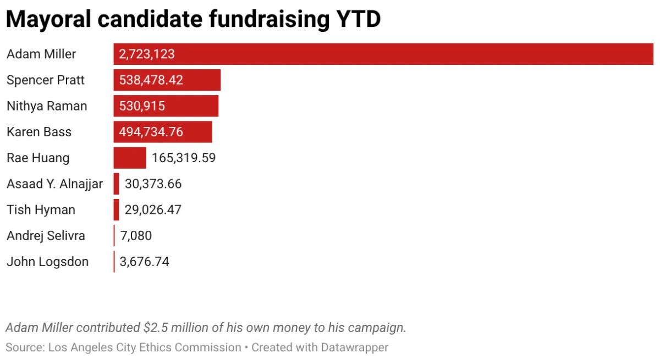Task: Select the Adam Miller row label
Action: pyautogui.click(x=41, y=54)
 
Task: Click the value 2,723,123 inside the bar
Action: pyautogui.click(x=147, y=54)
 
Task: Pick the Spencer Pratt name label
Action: pyautogui.click(x=46, y=80)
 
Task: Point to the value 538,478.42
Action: pyautogui.click(x=151, y=80)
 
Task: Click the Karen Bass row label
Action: pyautogui.click(x=39, y=132)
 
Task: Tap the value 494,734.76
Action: pyautogui.click(x=151, y=132)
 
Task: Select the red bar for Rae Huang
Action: pyautogui.click(x=130, y=158)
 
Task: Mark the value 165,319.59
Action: pyautogui.click(x=184, y=158)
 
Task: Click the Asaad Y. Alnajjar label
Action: pyautogui.click(x=54, y=184)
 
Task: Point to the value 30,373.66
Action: pyautogui.click(x=153, y=184)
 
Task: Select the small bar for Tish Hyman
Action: pyautogui.click(x=117, y=210)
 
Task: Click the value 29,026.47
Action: pyautogui.click(x=153, y=210)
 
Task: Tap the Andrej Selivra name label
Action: pyautogui.click(x=46, y=236)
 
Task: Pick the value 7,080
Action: pyautogui.click(x=136, y=236)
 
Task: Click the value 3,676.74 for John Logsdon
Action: pyautogui.click(x=145, y=262)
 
